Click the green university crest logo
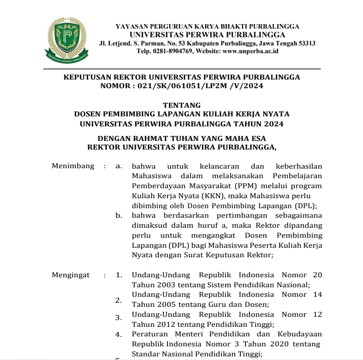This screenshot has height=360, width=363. click(67, 40)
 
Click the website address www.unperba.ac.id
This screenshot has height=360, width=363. click(250, 51)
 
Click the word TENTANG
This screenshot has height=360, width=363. click(181, 105)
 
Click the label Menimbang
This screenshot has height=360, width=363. click(73, 166)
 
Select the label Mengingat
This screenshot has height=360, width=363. click(71, 275)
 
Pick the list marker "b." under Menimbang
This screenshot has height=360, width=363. click(119, 215)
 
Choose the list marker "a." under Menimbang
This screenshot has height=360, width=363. click(119, 166)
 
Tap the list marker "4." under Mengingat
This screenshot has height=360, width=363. click(118, 335)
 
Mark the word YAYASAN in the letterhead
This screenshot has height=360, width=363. click(132, 26)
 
